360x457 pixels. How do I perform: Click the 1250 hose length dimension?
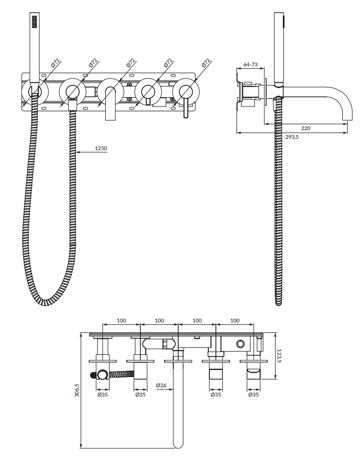click(x=100, y=148)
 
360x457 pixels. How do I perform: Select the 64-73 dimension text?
click(x=250, y=64)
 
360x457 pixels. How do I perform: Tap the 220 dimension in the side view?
click(x=305, y=128)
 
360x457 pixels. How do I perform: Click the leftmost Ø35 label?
click(x=102, y=395)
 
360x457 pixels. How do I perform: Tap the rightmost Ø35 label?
click(x=253, y=395)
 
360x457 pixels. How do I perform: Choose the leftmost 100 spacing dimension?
click(x=121, y=320)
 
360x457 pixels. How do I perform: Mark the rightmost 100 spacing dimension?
click(x=235, y=320)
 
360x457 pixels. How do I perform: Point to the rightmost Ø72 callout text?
click(x=206, y=63)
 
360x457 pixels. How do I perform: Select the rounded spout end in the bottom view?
click(x=178, y=444)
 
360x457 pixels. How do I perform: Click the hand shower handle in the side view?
click(x=279, y=49)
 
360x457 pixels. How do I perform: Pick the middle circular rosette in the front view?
click(x=110, y=91)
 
